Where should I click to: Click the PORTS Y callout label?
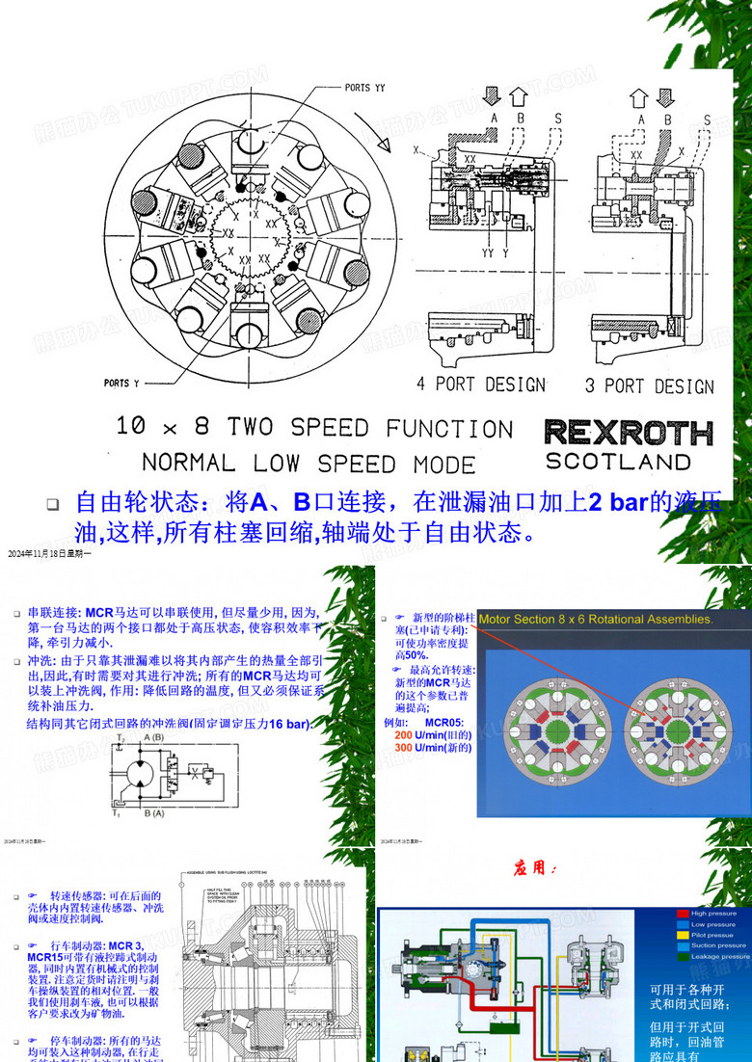click(121, 383)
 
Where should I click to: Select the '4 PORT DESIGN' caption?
click(480, 385)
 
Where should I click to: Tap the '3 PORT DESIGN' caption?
click(650, 386)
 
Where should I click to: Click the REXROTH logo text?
click(628, 433)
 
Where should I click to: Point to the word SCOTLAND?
click(618, 462)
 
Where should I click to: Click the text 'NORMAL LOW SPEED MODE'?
click(309, 463)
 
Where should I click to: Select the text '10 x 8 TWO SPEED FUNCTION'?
click(314, 427)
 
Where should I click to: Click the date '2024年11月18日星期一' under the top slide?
click(49, 554)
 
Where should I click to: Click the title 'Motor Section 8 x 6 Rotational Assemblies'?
click(596, 620)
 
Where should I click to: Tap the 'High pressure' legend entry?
click(713, 913)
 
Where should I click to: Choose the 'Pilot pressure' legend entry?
click(712, 935)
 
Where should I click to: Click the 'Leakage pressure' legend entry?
click(719, 957)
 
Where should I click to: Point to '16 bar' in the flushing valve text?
click(288, 724)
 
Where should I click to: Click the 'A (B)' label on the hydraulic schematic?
click(152, 737)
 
